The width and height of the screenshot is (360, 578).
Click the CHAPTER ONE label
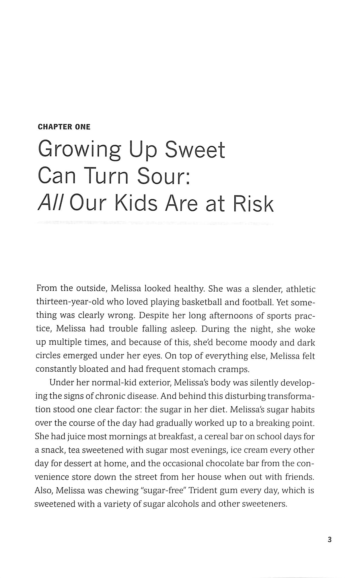pyautogui.click(x=64, y=127)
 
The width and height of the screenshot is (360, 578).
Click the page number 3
pyautogui.click(x=329, y=540)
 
